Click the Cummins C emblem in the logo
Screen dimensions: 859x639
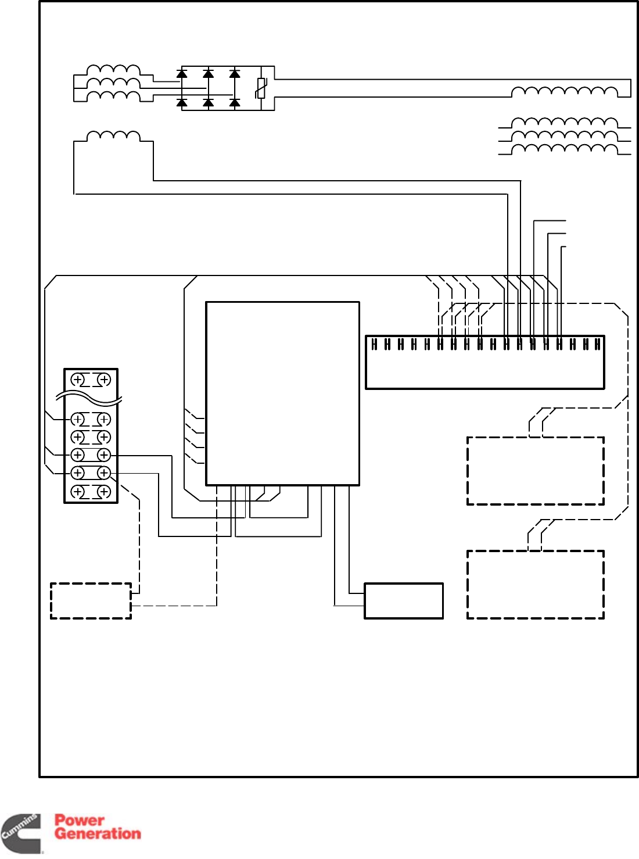[21, 834]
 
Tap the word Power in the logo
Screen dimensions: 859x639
[80, 820]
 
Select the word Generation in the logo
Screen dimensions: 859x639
[98, 833]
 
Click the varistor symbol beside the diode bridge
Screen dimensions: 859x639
[261, 88]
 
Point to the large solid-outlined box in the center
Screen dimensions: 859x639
[282, 393]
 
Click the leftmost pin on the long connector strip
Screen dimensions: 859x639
[374, 344]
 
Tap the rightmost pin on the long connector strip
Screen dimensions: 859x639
[597, 344]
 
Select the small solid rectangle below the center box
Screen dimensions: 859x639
[404, 600]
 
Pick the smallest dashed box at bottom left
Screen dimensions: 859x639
[91, 600]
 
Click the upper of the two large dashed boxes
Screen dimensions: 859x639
[535, 471]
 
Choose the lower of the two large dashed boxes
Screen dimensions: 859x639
[535, 584]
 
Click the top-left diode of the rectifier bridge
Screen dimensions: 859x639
[182, 74]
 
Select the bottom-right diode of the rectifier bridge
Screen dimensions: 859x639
[235, 103]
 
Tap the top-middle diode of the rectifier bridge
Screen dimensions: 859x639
[208, 74]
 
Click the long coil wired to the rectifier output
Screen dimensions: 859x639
[564, 91]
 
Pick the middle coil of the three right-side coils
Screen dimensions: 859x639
[564, 135]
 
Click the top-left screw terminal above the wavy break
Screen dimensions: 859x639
[77, 380]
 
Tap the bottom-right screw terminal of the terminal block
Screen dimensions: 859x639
[104, 492]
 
